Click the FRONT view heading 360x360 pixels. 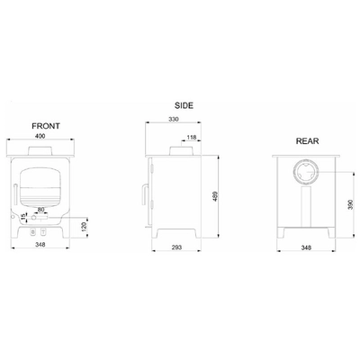point(46,126)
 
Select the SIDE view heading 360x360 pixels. point(184,105)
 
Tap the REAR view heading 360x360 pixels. point(307,141)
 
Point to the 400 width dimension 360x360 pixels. point(40,136)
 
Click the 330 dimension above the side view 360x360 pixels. point(174,119)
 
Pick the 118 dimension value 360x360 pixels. point(192,138)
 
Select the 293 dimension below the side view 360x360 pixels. point(176,247)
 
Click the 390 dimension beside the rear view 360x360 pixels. point(351,204)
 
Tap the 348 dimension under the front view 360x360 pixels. point(40,245)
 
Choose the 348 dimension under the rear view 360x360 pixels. point(306,247)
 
